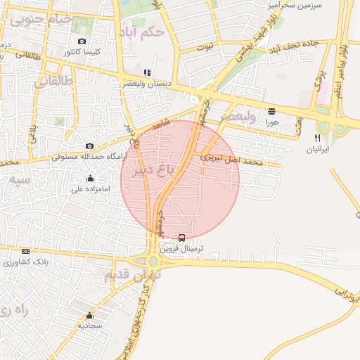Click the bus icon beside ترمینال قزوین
tap(182, 238)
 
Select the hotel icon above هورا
tap(271, 110)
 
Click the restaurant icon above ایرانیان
tap(318, 138)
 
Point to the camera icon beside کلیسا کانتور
tap(82, 41)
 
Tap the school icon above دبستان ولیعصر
tap(146, 72)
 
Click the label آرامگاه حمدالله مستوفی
tap(89, 155)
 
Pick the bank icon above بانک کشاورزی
tap(26, 251)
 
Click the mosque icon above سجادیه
tap(89, 315)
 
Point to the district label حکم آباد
tap(150, 32)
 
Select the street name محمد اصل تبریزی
tap(231, 160)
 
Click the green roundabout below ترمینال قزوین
tap(153, 262)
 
